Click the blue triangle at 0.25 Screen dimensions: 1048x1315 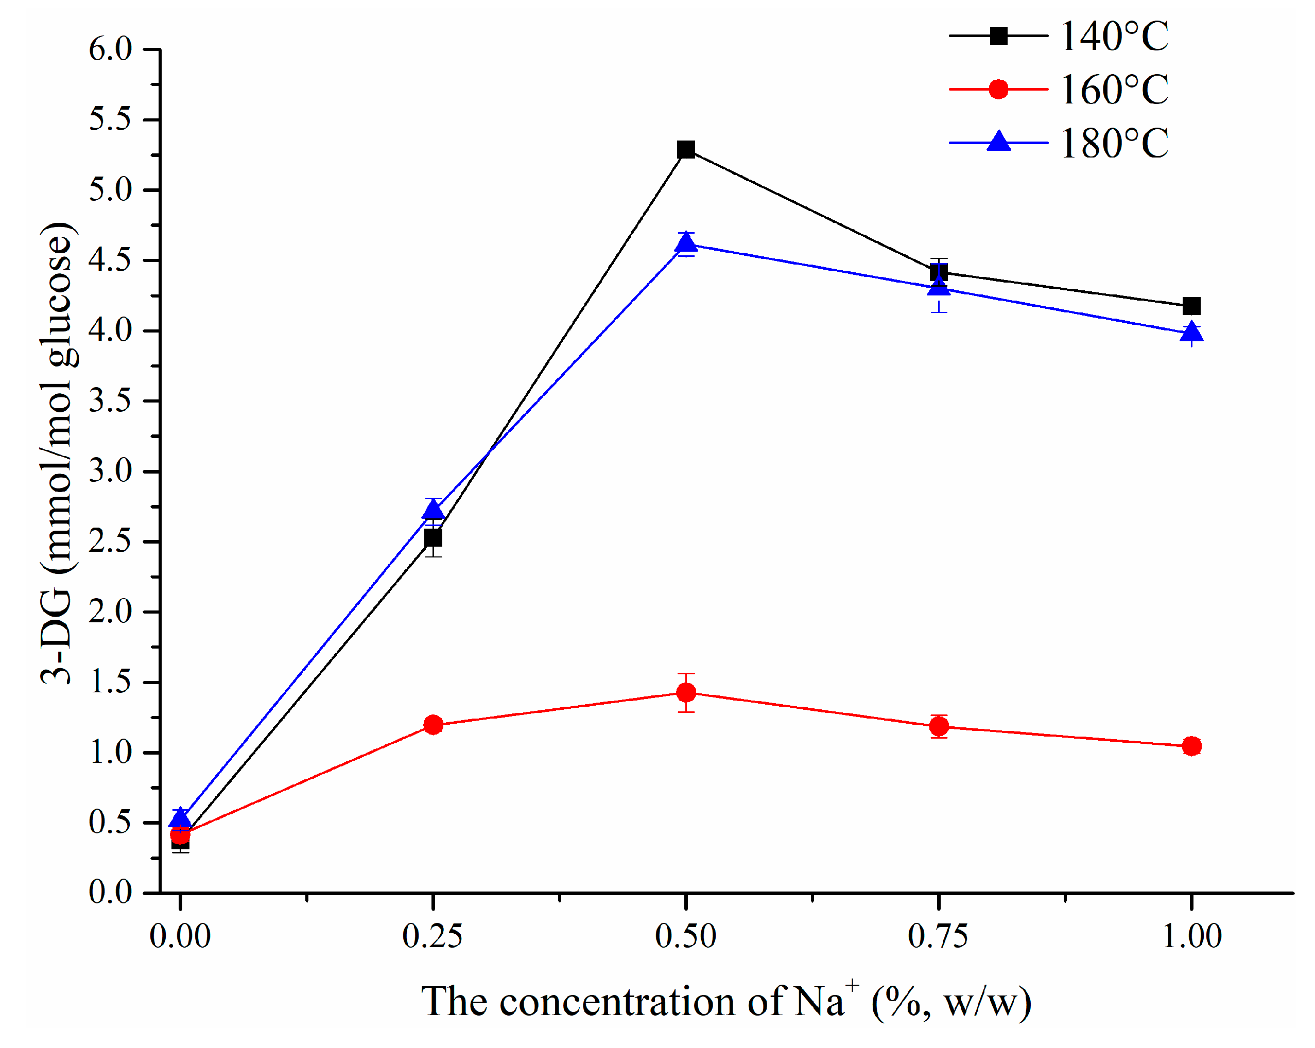pyautogui.click(x=433, y=509)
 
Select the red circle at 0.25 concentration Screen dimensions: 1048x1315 pyautogui.click(x=433, y=724)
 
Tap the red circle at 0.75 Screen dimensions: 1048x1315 pyautogui.click(x=939, y=726)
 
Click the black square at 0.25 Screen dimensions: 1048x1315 pyautogui.click(x=433, y=538)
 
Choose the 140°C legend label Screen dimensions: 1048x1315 pyautogui.click(x=1114, y=37)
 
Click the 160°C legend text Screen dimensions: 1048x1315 pyautogui.click(x=1114, y=90)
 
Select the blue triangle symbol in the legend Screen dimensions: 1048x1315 pyautogui.click(x=998, y=142)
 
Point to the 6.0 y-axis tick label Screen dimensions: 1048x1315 pyautogui.click(x=110, y=49)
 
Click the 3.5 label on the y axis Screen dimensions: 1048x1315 pyautogui.click(x=110, y=401)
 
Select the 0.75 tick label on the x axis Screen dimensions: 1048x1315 pyautogui.click(x=938, y=936)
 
